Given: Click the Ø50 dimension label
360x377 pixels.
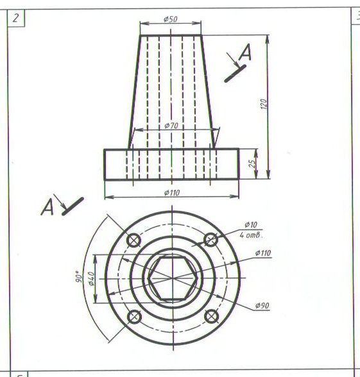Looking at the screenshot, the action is tap(171, 19).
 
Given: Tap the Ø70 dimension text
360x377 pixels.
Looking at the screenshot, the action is tap(171, 125).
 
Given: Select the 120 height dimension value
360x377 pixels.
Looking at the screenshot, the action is tap(264, 104).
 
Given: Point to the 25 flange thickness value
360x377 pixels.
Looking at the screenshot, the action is tap(252, 163).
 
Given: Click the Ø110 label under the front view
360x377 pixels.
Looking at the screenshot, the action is tap(172, 192).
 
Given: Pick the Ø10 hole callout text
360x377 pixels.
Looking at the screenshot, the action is tap(251, 225).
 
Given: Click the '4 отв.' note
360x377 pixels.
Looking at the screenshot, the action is tap(251, 235).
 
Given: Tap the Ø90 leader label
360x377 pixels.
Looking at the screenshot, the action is tap(262, 306).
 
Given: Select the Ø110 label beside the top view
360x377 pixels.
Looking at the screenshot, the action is tap(263, 253).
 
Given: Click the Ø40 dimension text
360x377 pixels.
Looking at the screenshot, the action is tap(92, 278).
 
